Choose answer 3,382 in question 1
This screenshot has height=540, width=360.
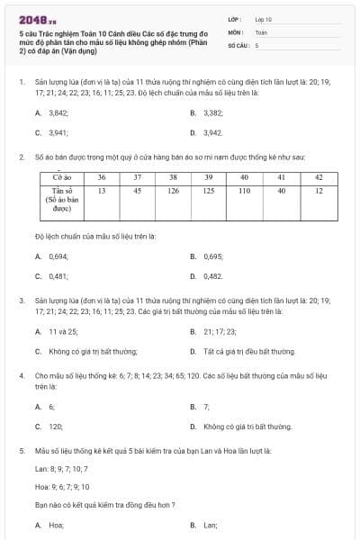pos(212,113)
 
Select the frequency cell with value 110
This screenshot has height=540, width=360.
pos(244,191)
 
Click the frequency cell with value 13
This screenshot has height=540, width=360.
pos(102,191)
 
